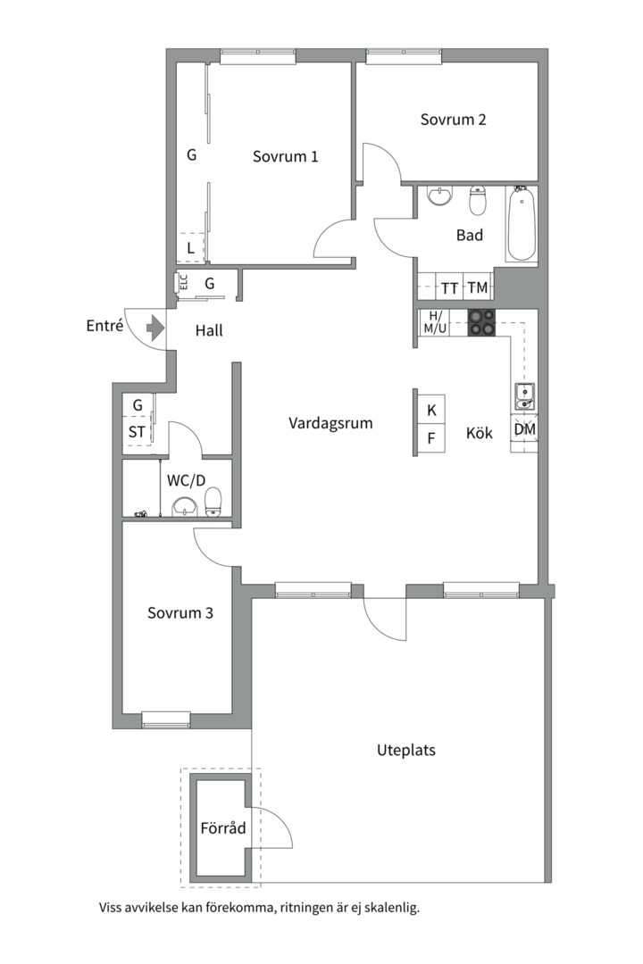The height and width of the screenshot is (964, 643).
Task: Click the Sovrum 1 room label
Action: coord(286,156)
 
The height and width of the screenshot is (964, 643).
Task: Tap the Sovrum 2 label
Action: coord(453,120)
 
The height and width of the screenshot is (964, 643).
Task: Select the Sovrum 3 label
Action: coord(180,613)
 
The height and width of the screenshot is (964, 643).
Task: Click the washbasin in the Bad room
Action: coord(440,195)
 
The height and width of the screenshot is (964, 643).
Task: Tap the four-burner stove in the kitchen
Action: coord(482,322)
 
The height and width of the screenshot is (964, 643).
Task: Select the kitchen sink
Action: coord(525,396)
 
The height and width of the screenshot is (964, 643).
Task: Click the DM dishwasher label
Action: coord(525,429)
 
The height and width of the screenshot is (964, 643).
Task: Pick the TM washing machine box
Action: coord(478,287)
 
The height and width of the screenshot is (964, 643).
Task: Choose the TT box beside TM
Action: coord(449,287)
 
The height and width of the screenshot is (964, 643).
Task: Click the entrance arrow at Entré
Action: coord(154,328)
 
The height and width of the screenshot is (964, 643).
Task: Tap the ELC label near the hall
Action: coord(183,282)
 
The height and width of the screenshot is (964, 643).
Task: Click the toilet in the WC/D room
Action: coord(213,503)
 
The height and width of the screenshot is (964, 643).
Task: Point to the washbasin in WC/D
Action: coord(185,507)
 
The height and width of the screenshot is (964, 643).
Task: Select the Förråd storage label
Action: coord(222,828)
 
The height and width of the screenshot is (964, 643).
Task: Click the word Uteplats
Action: coord(406,750)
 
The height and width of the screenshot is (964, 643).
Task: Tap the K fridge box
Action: coord(431,410)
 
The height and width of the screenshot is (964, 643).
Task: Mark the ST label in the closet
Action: coord(137,432)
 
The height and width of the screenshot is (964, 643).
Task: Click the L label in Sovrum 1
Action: coord(191,248)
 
